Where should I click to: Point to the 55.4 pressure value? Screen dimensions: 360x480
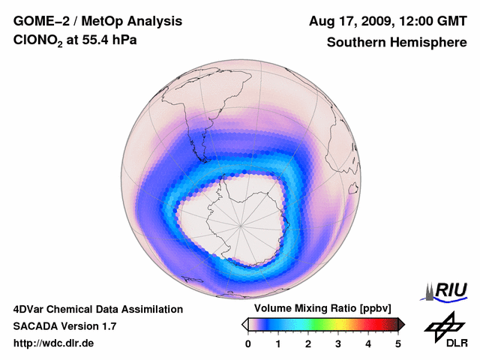(x=104, y=42)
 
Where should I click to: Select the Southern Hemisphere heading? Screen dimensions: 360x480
(x=397, y=43)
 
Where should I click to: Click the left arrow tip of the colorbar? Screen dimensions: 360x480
(x=244, y=324)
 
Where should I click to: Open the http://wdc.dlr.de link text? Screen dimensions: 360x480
(x=53, y=343)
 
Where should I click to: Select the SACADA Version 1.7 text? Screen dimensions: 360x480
(x=64, y=326)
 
